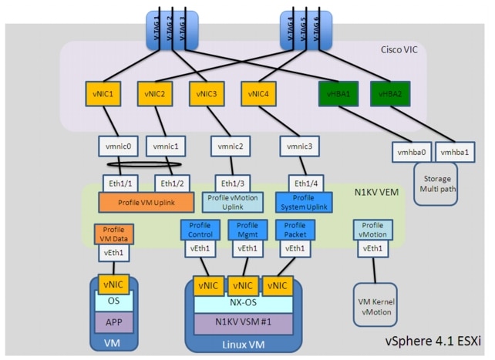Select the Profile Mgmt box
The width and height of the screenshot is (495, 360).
tap(247, 229)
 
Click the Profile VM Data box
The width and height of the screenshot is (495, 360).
tap(114, 234)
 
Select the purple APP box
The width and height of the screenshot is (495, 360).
tap(114, 319)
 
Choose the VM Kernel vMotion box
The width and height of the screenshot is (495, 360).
tap(374, 302)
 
